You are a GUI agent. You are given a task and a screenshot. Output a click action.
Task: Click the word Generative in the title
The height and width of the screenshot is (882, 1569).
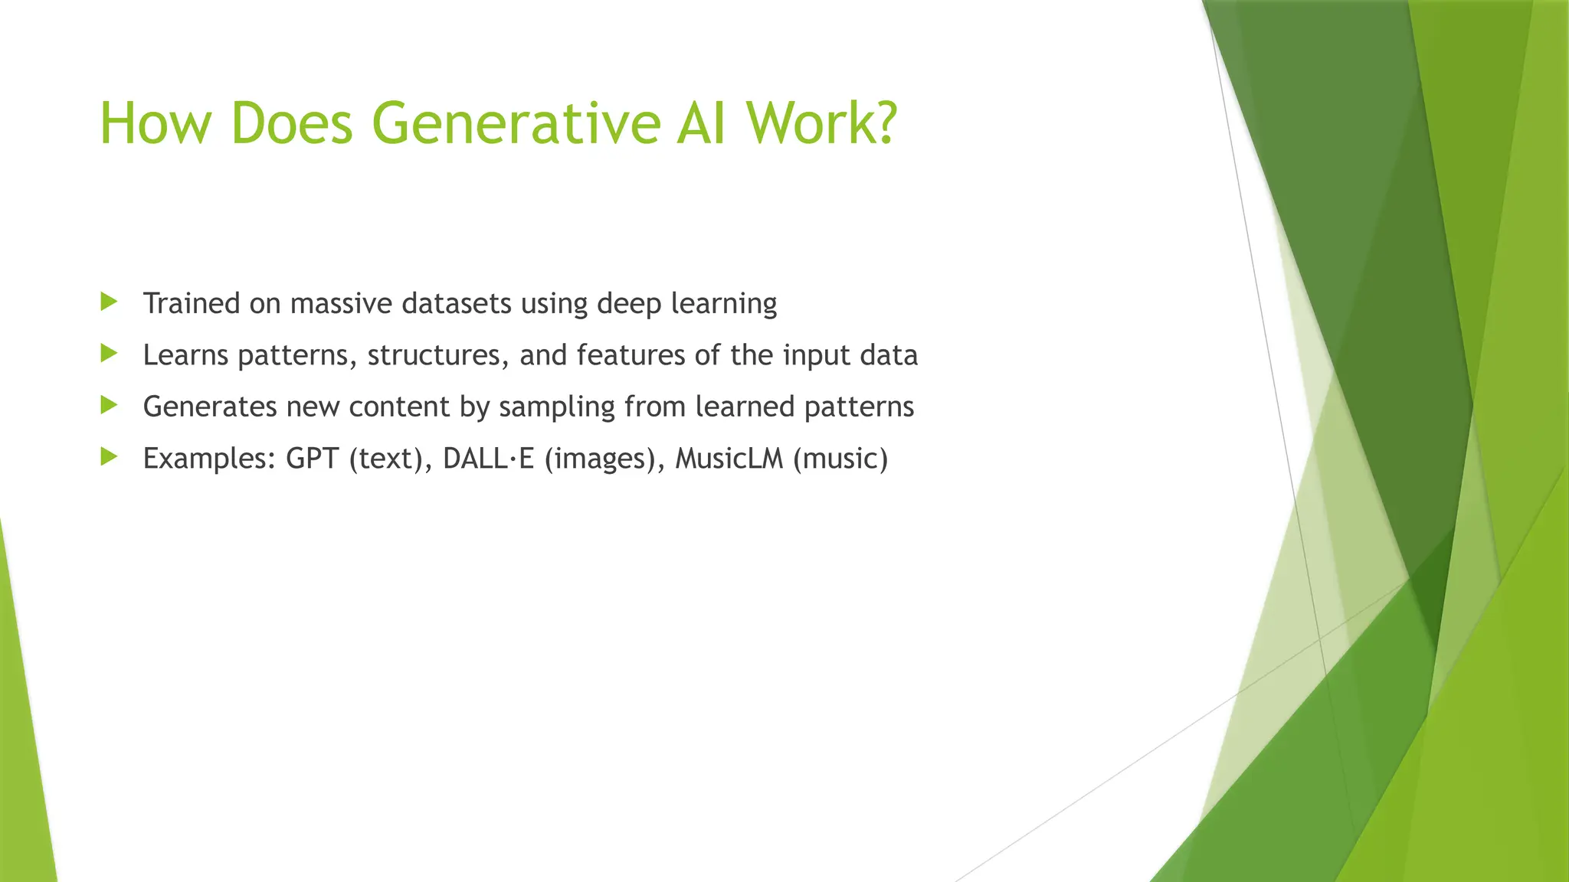coord(516,123)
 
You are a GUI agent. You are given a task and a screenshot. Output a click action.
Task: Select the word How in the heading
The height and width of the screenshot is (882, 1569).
coord(154,123)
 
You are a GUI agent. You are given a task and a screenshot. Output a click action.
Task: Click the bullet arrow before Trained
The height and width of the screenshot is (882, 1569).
coord(109,302)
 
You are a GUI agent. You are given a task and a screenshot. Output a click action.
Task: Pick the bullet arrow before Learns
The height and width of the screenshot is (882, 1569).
coord(109,353)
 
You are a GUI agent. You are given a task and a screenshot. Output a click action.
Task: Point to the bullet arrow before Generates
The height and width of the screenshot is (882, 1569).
coord(109,405)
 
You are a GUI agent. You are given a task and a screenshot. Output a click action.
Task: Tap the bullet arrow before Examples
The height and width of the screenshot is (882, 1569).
coord(109,457)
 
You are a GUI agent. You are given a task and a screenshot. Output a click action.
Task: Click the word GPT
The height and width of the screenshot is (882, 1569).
coord(313,459)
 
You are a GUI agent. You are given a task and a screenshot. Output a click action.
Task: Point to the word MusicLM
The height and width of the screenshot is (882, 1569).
coord(729,459)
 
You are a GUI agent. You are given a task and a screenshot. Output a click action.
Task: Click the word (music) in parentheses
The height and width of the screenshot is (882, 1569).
coord(840,459)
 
